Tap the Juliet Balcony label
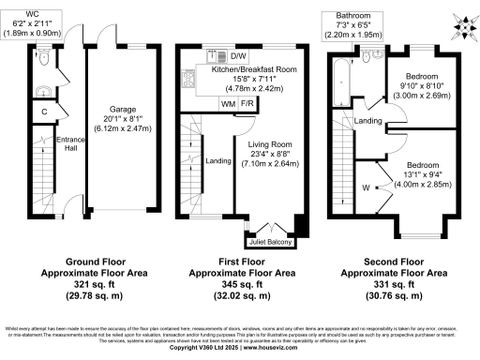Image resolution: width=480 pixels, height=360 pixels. point(274,242)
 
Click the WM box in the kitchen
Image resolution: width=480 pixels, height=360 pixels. point(229,103)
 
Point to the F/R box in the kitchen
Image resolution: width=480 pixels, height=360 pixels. point(248,103)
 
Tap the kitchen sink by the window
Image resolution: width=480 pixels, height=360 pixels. point(215,58)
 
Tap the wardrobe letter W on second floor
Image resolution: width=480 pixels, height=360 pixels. point(365,187)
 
